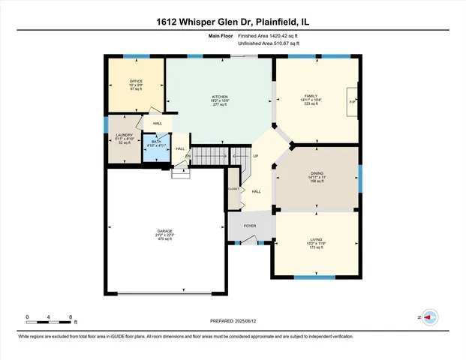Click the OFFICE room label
(136, 81)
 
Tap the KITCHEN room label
(219, 97)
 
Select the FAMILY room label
(311, 95)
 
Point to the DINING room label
(317, 173)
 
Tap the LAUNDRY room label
(124, 135)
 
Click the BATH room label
(156, 141)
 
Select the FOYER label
(249, 223)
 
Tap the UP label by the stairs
(255, 157)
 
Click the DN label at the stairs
(178, 156)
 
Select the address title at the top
(233, 23)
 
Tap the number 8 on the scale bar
(70, 317)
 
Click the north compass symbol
(430, 317)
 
